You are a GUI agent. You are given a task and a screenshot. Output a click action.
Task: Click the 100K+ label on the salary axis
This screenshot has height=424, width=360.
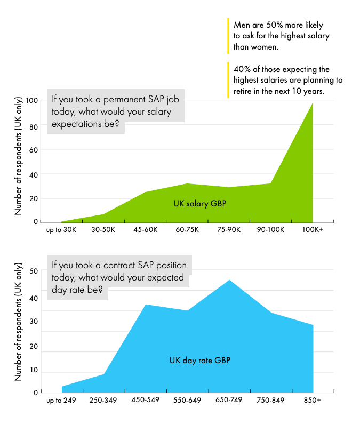[x=313, y=229]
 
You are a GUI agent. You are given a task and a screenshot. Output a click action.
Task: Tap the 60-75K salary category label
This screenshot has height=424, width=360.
[x=187, y=229]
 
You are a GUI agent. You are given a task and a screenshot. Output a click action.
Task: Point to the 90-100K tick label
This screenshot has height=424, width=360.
[x=271, y=229]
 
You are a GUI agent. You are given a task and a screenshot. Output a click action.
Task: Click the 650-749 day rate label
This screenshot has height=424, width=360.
[x=229, y=401]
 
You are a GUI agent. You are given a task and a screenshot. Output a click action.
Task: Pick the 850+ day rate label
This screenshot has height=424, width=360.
[x=313, y=401]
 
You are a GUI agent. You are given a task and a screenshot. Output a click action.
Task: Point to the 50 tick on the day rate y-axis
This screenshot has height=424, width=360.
[x=34, y=271]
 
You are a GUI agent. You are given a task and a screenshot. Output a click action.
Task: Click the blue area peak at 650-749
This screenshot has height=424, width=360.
[x=229, y=280]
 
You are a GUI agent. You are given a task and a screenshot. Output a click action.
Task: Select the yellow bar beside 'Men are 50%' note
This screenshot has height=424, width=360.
[x=228, y=36]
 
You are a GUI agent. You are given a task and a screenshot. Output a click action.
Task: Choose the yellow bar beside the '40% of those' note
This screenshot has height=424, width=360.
[x=228, y=80]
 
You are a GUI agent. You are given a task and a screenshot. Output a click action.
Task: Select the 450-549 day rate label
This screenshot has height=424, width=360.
[x=145, y=401]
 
